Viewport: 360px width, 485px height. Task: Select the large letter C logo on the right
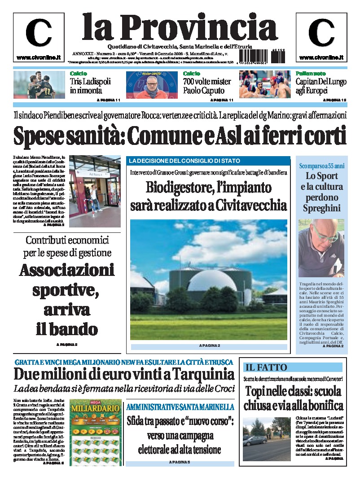321,34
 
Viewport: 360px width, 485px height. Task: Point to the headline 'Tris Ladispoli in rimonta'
90,86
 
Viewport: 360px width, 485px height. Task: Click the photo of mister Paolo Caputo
153,85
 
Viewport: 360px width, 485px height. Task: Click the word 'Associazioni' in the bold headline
67,271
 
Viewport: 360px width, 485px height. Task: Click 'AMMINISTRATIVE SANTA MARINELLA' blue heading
180,407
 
